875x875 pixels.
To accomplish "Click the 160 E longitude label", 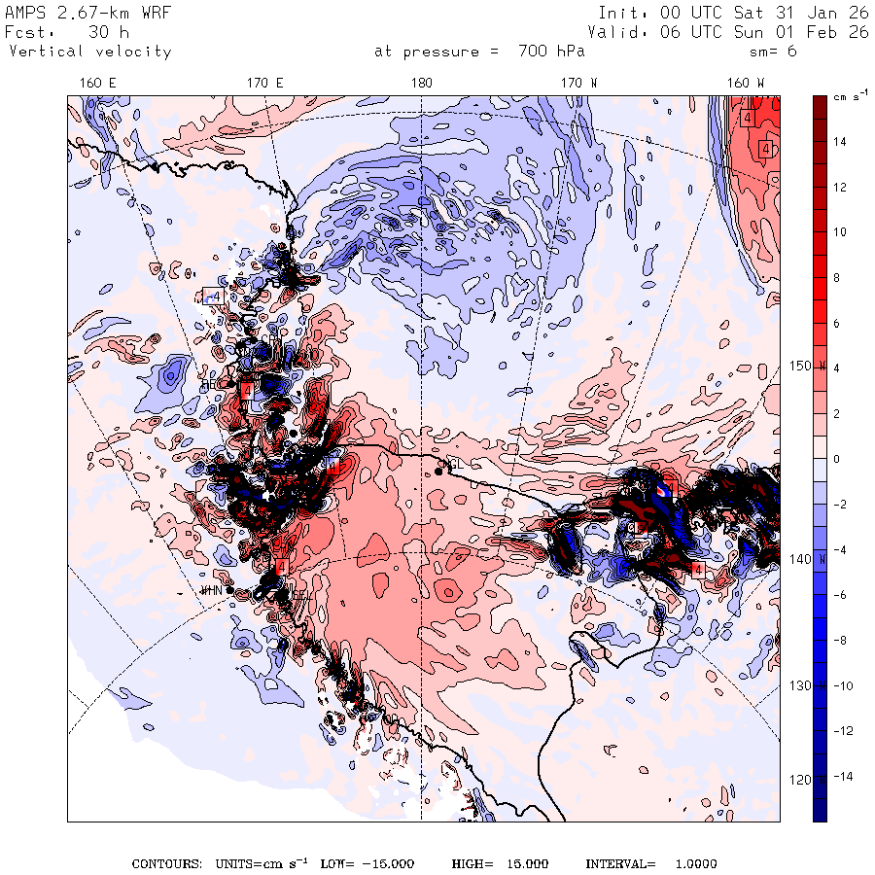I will pos(98,84).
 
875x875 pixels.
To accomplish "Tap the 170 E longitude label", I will pos(265,84).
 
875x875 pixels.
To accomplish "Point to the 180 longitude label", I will pos(421,84).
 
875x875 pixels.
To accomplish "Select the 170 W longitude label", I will pos(580,84).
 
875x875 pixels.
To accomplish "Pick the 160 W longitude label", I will pos(747,84).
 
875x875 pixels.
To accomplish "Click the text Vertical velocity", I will pos(89,52).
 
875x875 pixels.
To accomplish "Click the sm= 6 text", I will pos(773,52).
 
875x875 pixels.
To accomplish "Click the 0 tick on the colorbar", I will pos(837,458).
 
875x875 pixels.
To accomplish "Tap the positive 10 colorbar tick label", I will pos(839,231).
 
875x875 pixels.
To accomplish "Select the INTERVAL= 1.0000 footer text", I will pos(650,863).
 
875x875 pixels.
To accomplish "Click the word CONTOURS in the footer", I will pos(165,863).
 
